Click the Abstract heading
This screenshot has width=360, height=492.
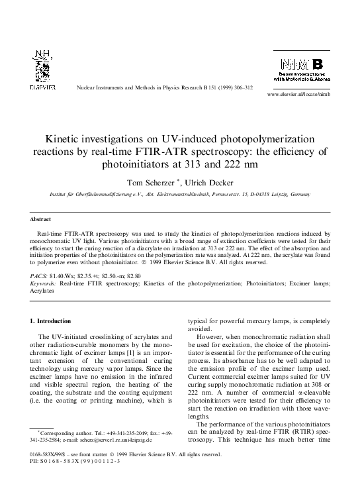click(40, 218)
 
